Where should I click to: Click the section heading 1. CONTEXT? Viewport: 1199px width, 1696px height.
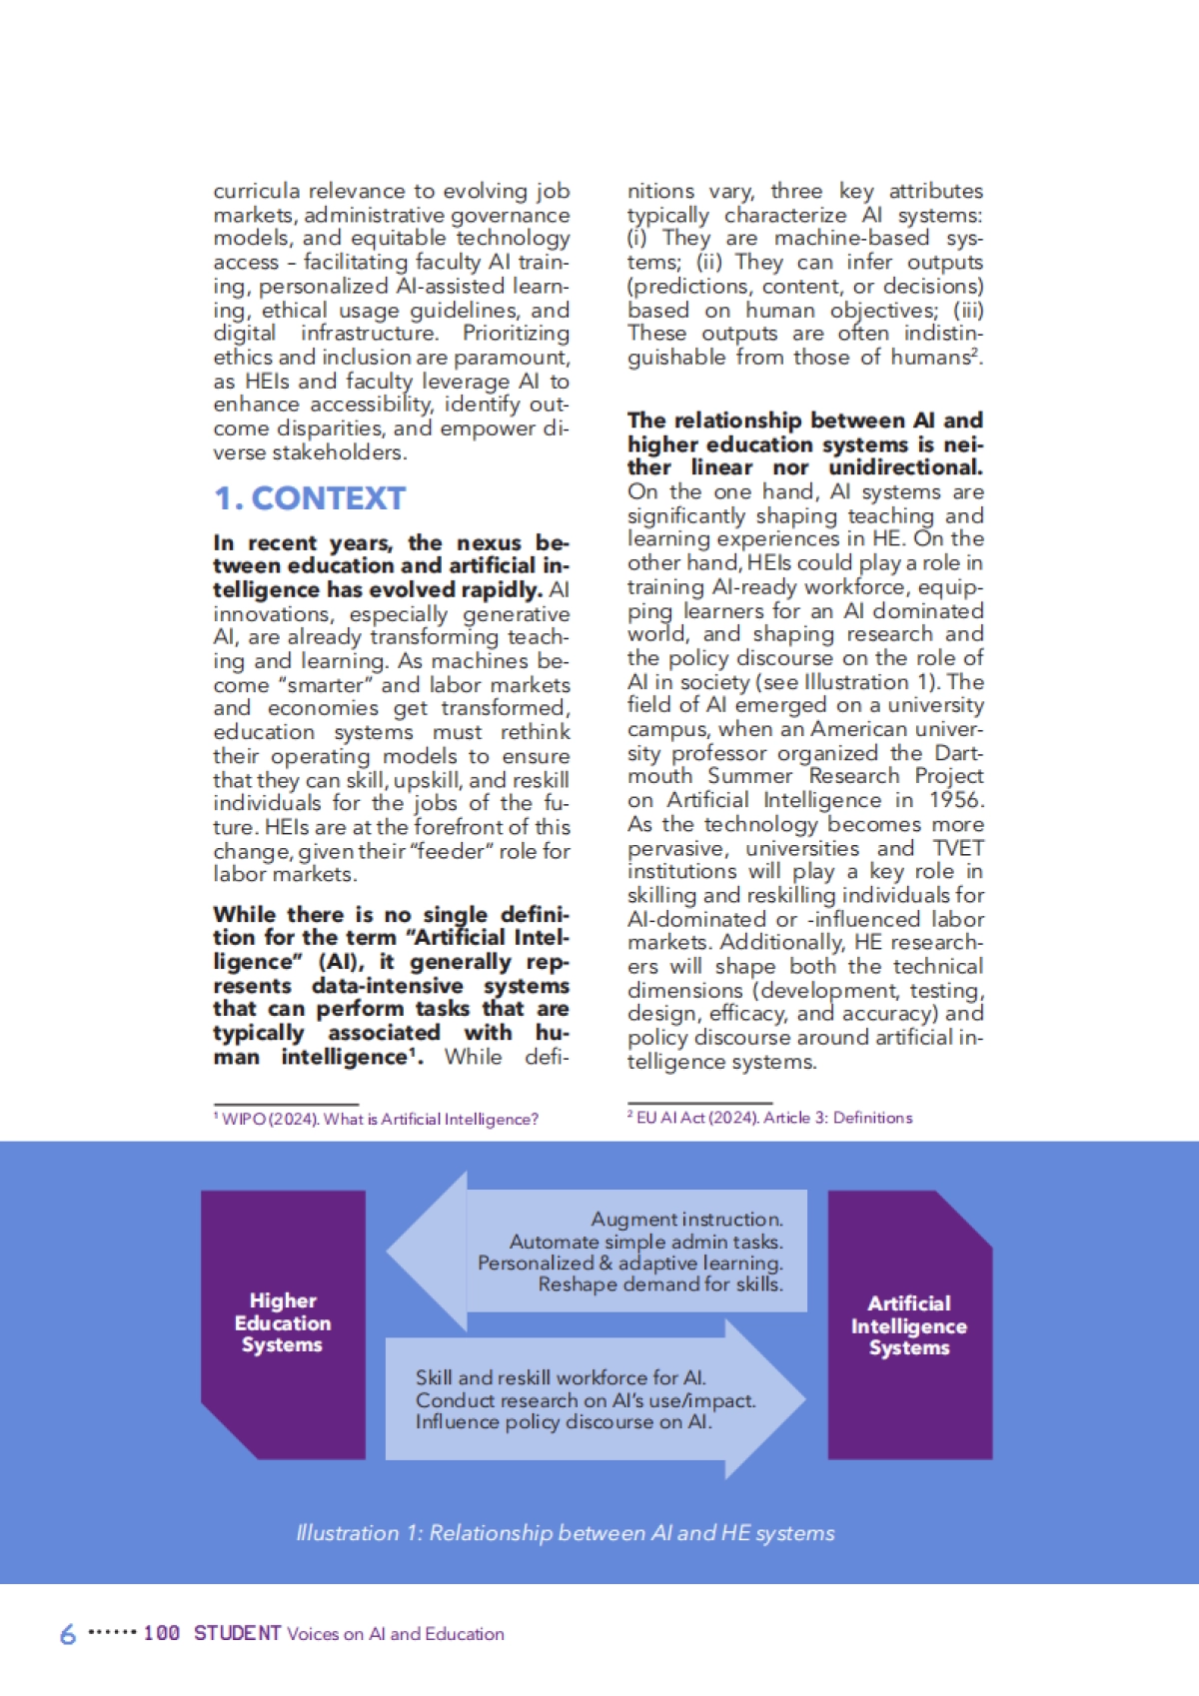(310, 497)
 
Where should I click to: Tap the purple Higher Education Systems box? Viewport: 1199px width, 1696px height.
(283, 1323)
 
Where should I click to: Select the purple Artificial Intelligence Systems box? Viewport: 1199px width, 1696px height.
(909, 1325)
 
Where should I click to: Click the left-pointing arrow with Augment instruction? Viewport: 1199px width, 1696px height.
(599, 1252)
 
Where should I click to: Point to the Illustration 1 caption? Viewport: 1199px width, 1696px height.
(565, 1533)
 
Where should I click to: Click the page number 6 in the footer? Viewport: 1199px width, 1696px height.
(68, 1634)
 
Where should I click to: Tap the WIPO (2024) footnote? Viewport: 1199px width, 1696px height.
(376, 1120)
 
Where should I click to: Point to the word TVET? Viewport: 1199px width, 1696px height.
(958, 848)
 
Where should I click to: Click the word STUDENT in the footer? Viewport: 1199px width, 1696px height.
(238, 1633)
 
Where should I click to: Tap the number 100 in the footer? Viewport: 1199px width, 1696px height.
(161, 1633)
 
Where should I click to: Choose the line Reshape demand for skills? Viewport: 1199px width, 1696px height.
(660, 1284)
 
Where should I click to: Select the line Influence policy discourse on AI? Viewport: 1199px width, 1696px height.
(564, 1421)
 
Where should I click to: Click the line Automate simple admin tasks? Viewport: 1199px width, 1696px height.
(645, 1242)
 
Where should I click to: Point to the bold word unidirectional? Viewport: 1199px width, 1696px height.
(905, 467)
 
